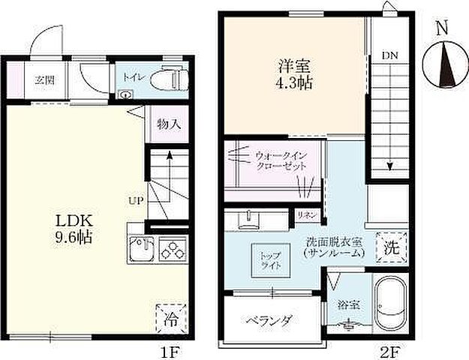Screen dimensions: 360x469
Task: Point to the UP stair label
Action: pyautogui.click(x=136, y=201)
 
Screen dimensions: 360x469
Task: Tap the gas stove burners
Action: pyautogui.click(x=173, y=249)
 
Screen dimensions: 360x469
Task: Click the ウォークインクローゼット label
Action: pyautogui.click(x=280, y=160)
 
